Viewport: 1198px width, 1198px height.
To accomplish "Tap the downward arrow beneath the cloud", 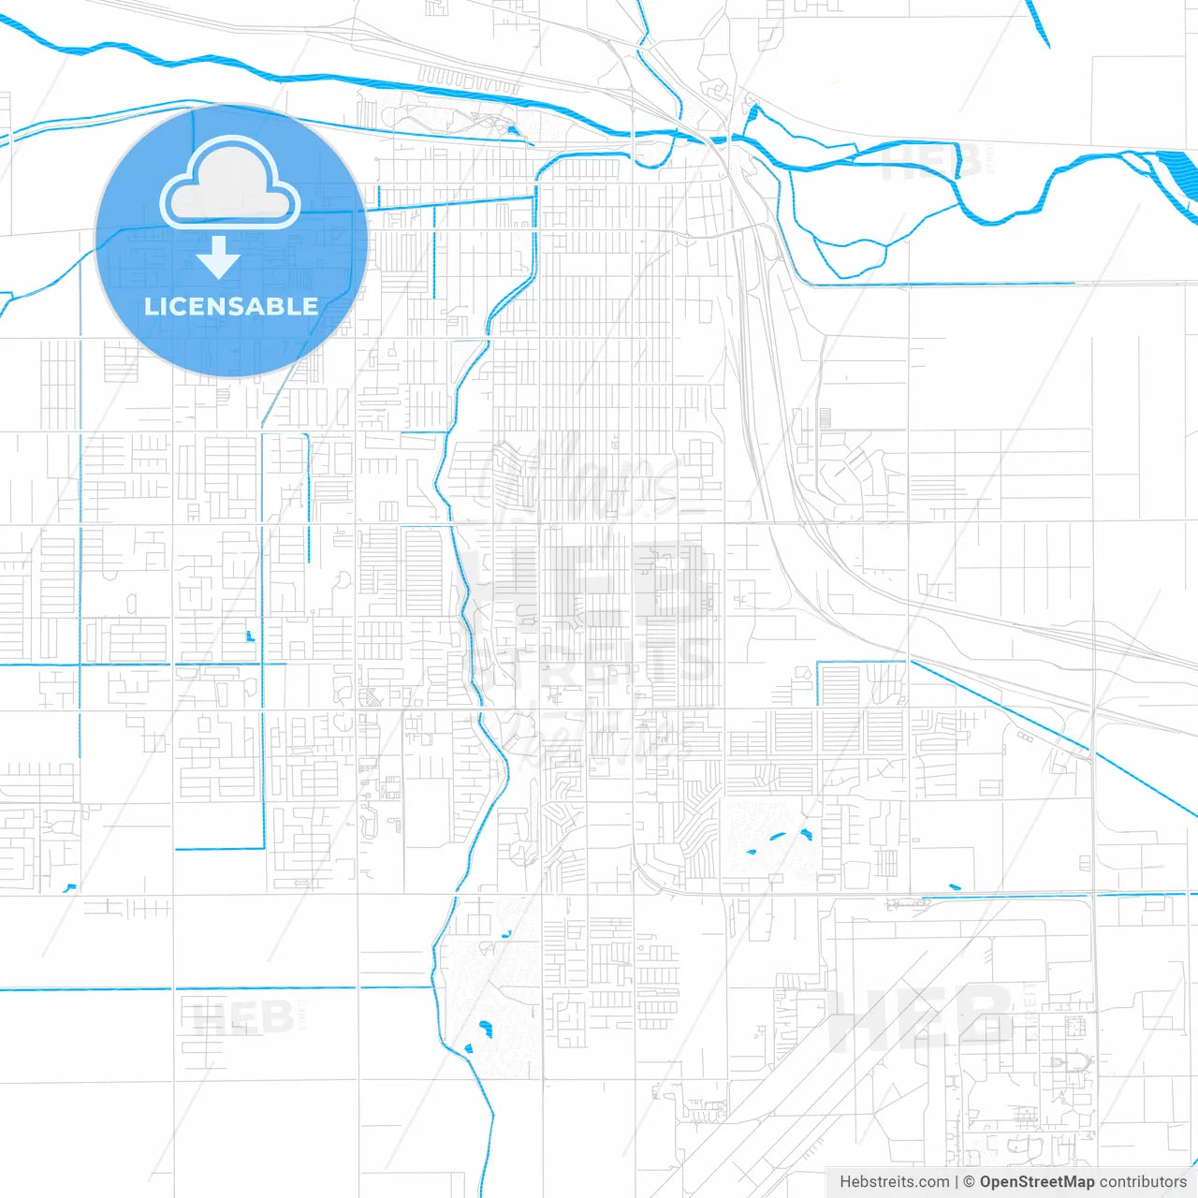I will click(218, 258).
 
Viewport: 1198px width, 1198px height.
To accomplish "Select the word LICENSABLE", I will click(231, 306).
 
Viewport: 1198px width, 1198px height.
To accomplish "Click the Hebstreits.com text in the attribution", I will click(894, 1182).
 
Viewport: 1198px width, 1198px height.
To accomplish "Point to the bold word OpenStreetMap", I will click(1036, 1182).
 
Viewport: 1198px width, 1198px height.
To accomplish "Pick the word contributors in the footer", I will click(1143, 1182).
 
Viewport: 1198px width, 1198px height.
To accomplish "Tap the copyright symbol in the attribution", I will click(970, 1182).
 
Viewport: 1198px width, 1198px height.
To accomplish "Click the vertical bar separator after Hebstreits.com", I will click(957, 1182).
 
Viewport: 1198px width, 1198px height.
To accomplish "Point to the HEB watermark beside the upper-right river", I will click(931, 161).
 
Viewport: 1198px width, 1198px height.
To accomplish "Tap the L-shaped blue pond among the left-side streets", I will click(249, 636).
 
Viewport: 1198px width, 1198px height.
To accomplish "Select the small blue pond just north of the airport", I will click(954, 887).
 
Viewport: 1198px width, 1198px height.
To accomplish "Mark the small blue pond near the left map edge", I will click(69, 887).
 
